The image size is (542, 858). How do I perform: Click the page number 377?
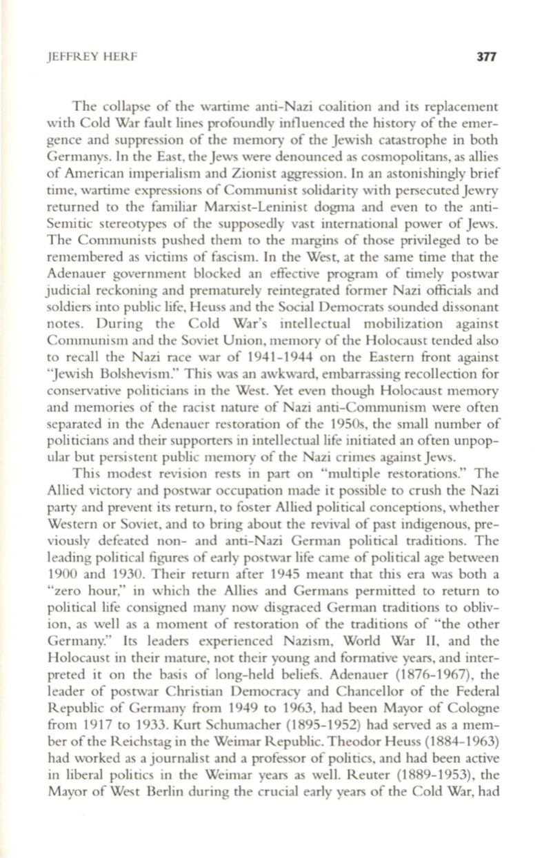(x=486, y=56)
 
